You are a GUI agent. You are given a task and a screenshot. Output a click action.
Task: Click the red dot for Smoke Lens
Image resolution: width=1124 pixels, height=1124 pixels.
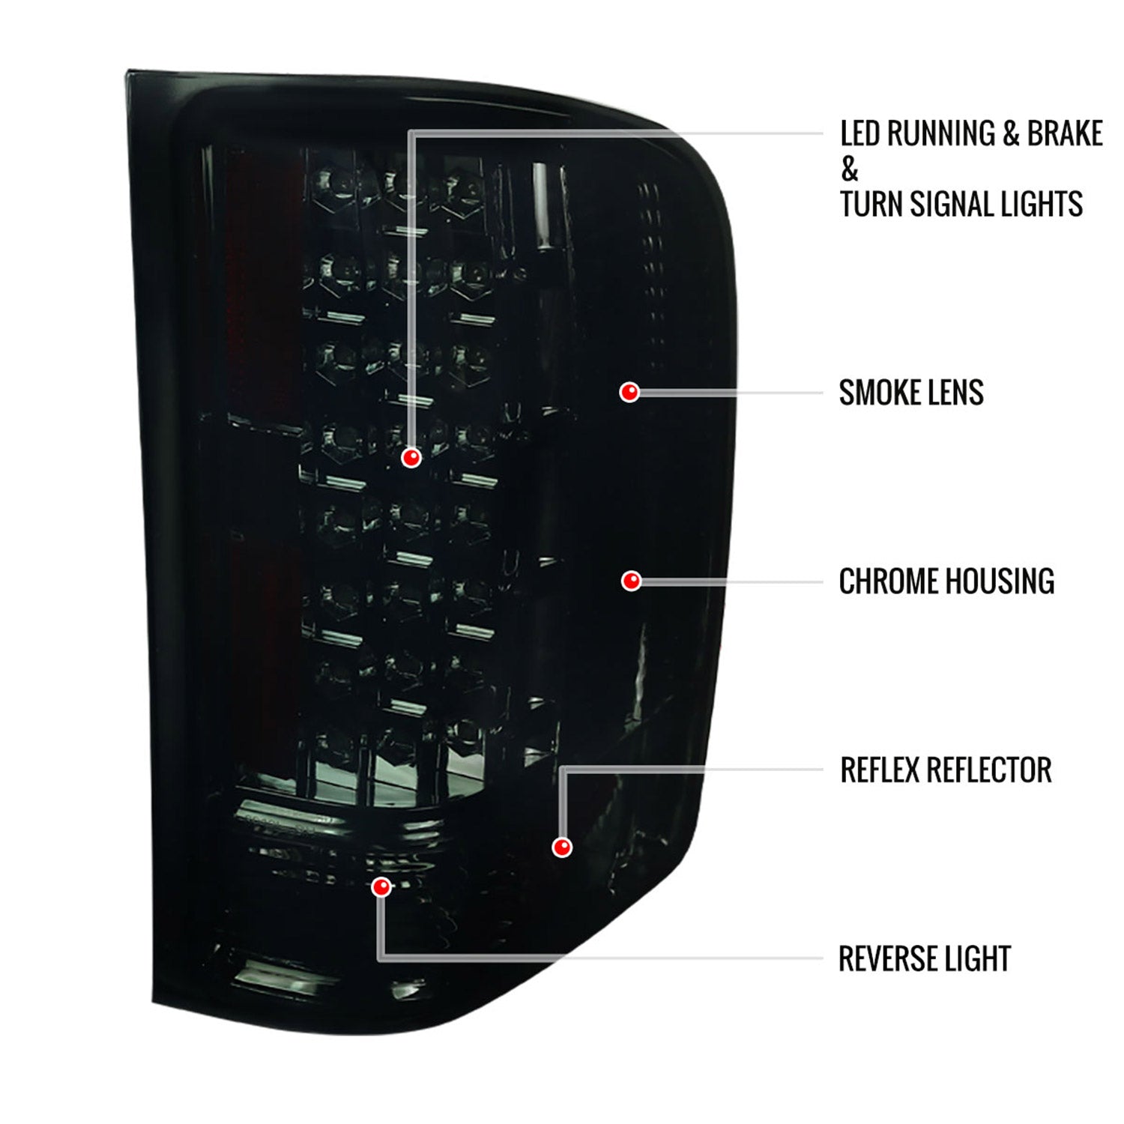pos(629,392)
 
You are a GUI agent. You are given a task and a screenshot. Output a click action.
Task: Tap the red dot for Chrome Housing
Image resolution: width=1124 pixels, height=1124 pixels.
pos(632,581)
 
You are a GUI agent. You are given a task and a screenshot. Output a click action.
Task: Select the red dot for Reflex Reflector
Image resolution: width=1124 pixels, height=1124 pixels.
pos(562,847)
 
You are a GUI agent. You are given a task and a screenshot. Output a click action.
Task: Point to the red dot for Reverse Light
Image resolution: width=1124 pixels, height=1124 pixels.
pos(381,887)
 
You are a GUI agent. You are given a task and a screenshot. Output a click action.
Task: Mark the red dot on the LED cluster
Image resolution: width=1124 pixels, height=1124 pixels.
pos(411,458)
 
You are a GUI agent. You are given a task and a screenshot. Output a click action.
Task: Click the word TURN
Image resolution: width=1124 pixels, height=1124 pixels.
pos(865,204)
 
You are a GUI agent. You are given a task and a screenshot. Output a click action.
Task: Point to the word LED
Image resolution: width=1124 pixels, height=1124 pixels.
pos(860,133)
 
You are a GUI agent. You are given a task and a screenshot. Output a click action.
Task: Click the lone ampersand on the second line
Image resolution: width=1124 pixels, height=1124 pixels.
pos(849,169)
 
